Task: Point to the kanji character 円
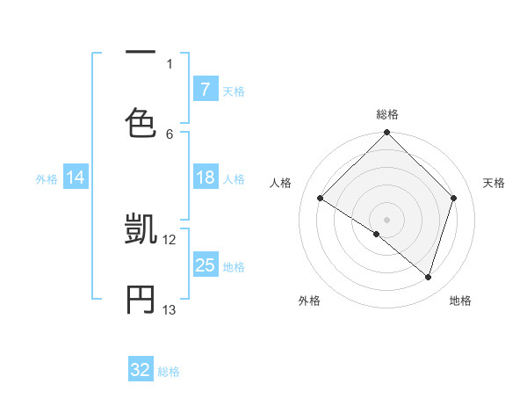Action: (141, 299)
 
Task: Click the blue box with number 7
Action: (205, 90)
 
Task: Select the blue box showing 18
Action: (205, 178)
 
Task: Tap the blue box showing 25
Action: (205, 265)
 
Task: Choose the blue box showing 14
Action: (76, 178)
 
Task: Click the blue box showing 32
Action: (141, 370)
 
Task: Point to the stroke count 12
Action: (170, 239)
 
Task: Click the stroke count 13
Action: (170, 309)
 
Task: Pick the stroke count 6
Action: (170, 134)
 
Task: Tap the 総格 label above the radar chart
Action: (387, 114)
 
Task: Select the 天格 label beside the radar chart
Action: (494, 183)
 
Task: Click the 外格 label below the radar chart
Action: (309, 301)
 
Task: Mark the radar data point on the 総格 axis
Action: (387, 134)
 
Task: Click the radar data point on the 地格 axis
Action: (428, 278)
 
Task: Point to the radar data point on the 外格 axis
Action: (376, 234)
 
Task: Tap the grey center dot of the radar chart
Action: (387, 219)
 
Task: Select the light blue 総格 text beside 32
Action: (169, 372)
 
